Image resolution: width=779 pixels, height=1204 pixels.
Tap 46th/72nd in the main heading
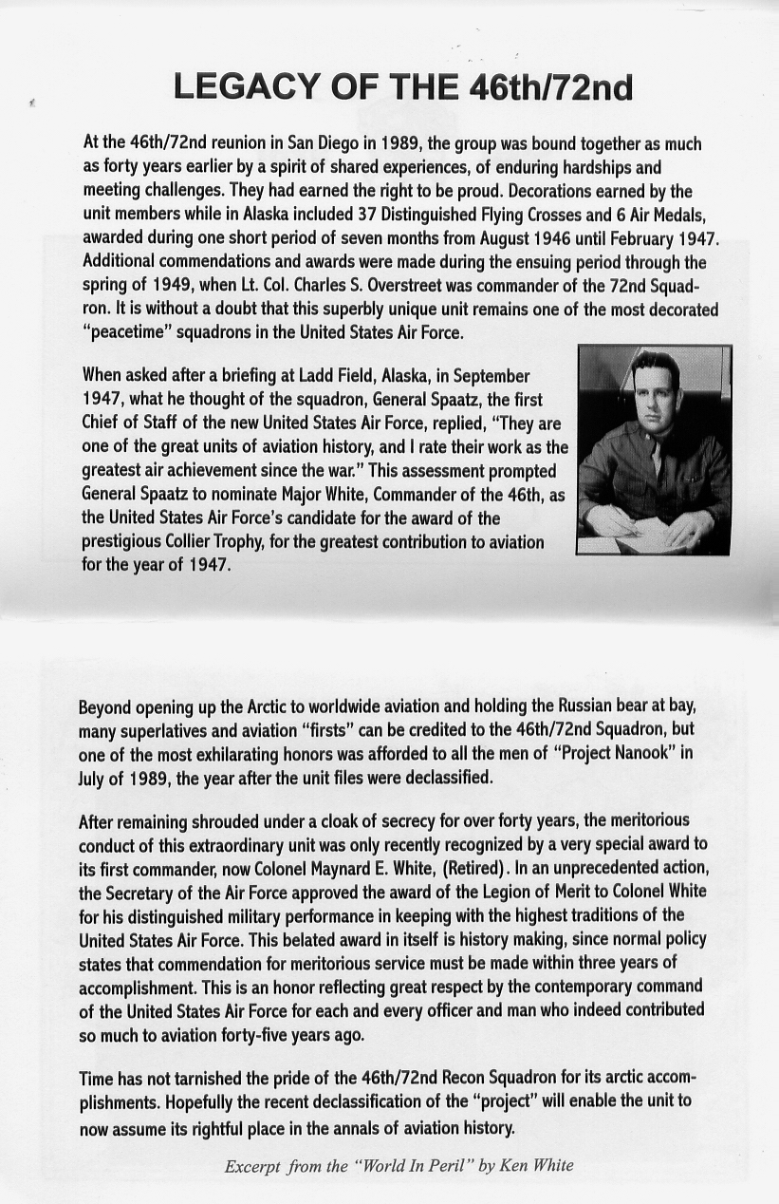[x=550, y=87]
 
